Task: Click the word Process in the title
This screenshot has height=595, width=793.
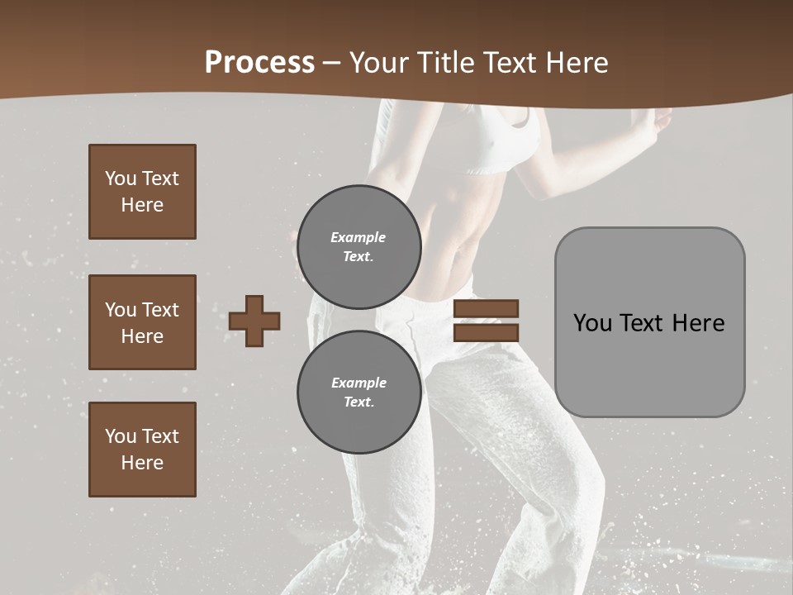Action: [x=259, y=63]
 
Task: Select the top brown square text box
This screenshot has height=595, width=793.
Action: [x=142, y=192]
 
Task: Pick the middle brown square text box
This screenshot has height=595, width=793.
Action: [x=142, y=322]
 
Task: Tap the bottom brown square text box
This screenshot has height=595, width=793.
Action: [x=142, y=450]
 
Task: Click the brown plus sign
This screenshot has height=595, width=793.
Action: [x=254, y=321]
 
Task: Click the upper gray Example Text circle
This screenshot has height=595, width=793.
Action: [x=359, y=247]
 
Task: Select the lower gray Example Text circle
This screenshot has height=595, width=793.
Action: [x=359, y=393]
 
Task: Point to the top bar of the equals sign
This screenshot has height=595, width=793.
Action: [x=486, y=309]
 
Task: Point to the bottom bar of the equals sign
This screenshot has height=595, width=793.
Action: [x=486, y=332]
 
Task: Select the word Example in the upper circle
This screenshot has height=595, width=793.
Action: [x=358, y=238]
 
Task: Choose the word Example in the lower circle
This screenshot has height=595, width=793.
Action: [x=359, y=383]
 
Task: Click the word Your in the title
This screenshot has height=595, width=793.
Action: [x=377, y=63]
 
